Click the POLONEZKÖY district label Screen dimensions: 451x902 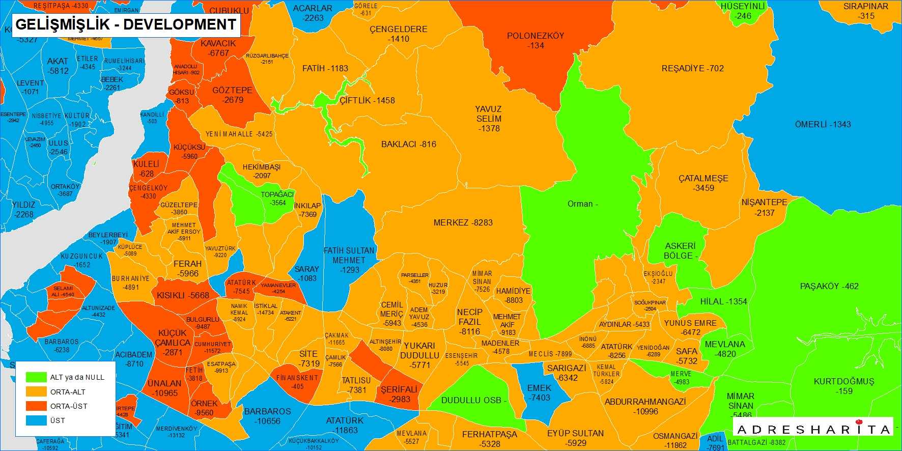535,41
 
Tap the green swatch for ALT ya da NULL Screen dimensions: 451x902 36,377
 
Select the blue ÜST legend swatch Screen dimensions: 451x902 36,420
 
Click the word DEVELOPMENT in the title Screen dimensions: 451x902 180,24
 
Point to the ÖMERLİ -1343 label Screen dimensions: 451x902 823,124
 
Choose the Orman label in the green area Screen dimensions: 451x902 582,204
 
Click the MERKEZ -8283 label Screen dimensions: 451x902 463,222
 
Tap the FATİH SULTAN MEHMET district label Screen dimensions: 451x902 349,260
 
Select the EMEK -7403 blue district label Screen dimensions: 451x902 539,392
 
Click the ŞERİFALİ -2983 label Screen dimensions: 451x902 399,394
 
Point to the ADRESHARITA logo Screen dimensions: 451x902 814,430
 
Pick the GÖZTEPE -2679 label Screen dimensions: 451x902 232,95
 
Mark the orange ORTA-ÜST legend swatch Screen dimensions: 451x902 36,406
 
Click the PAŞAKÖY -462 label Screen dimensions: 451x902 829,286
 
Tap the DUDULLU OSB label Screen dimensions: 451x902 473,400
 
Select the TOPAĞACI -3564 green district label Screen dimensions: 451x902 277,199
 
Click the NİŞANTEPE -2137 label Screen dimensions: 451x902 764,207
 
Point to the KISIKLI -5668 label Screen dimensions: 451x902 183,295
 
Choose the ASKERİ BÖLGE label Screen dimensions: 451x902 680,250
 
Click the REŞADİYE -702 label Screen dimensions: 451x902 692,68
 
